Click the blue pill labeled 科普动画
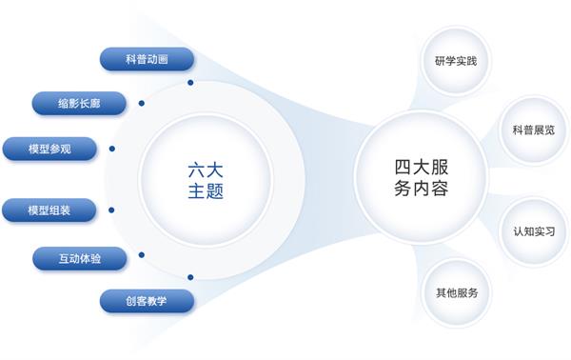pos(147,59)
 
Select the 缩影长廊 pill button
pos(79,104)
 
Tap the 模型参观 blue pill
pos(49,149)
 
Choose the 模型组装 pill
pos(49,210)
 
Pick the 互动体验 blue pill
pos(80,259)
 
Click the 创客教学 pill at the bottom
pos(147,301)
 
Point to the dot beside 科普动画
pos(190,83)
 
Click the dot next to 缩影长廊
pos(142,104)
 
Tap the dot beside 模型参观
pos(112,149)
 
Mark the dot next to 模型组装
pos(111,210)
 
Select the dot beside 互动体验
pos(142,255)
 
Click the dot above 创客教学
pos(190,278)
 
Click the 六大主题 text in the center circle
pos(206,181)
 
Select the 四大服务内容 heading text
pos(422,178)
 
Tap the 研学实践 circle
pos(456,61)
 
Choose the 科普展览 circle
pos(534,130)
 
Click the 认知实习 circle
pos(534,231)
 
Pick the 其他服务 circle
pos(457,292)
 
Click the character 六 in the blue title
pos(196,170)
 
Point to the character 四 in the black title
pos(403,168)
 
